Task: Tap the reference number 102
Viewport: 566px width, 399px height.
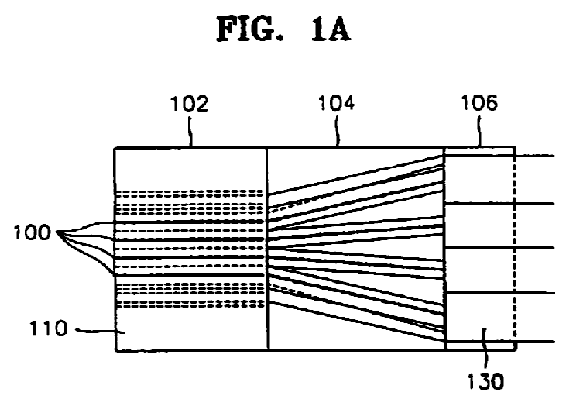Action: click(x=190, y=105)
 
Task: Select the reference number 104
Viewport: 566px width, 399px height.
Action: click(x=337, y=105)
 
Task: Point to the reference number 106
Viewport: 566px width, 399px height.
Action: click(x=479, y=104)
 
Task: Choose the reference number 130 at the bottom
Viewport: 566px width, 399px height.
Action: click(x=488, y=381)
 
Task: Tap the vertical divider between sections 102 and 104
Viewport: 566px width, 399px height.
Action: click(x=267, y=248)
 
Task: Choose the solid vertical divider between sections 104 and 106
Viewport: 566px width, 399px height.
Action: click(x=445, y=248)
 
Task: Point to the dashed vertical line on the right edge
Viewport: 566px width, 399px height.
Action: click(x=514, y=248)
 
